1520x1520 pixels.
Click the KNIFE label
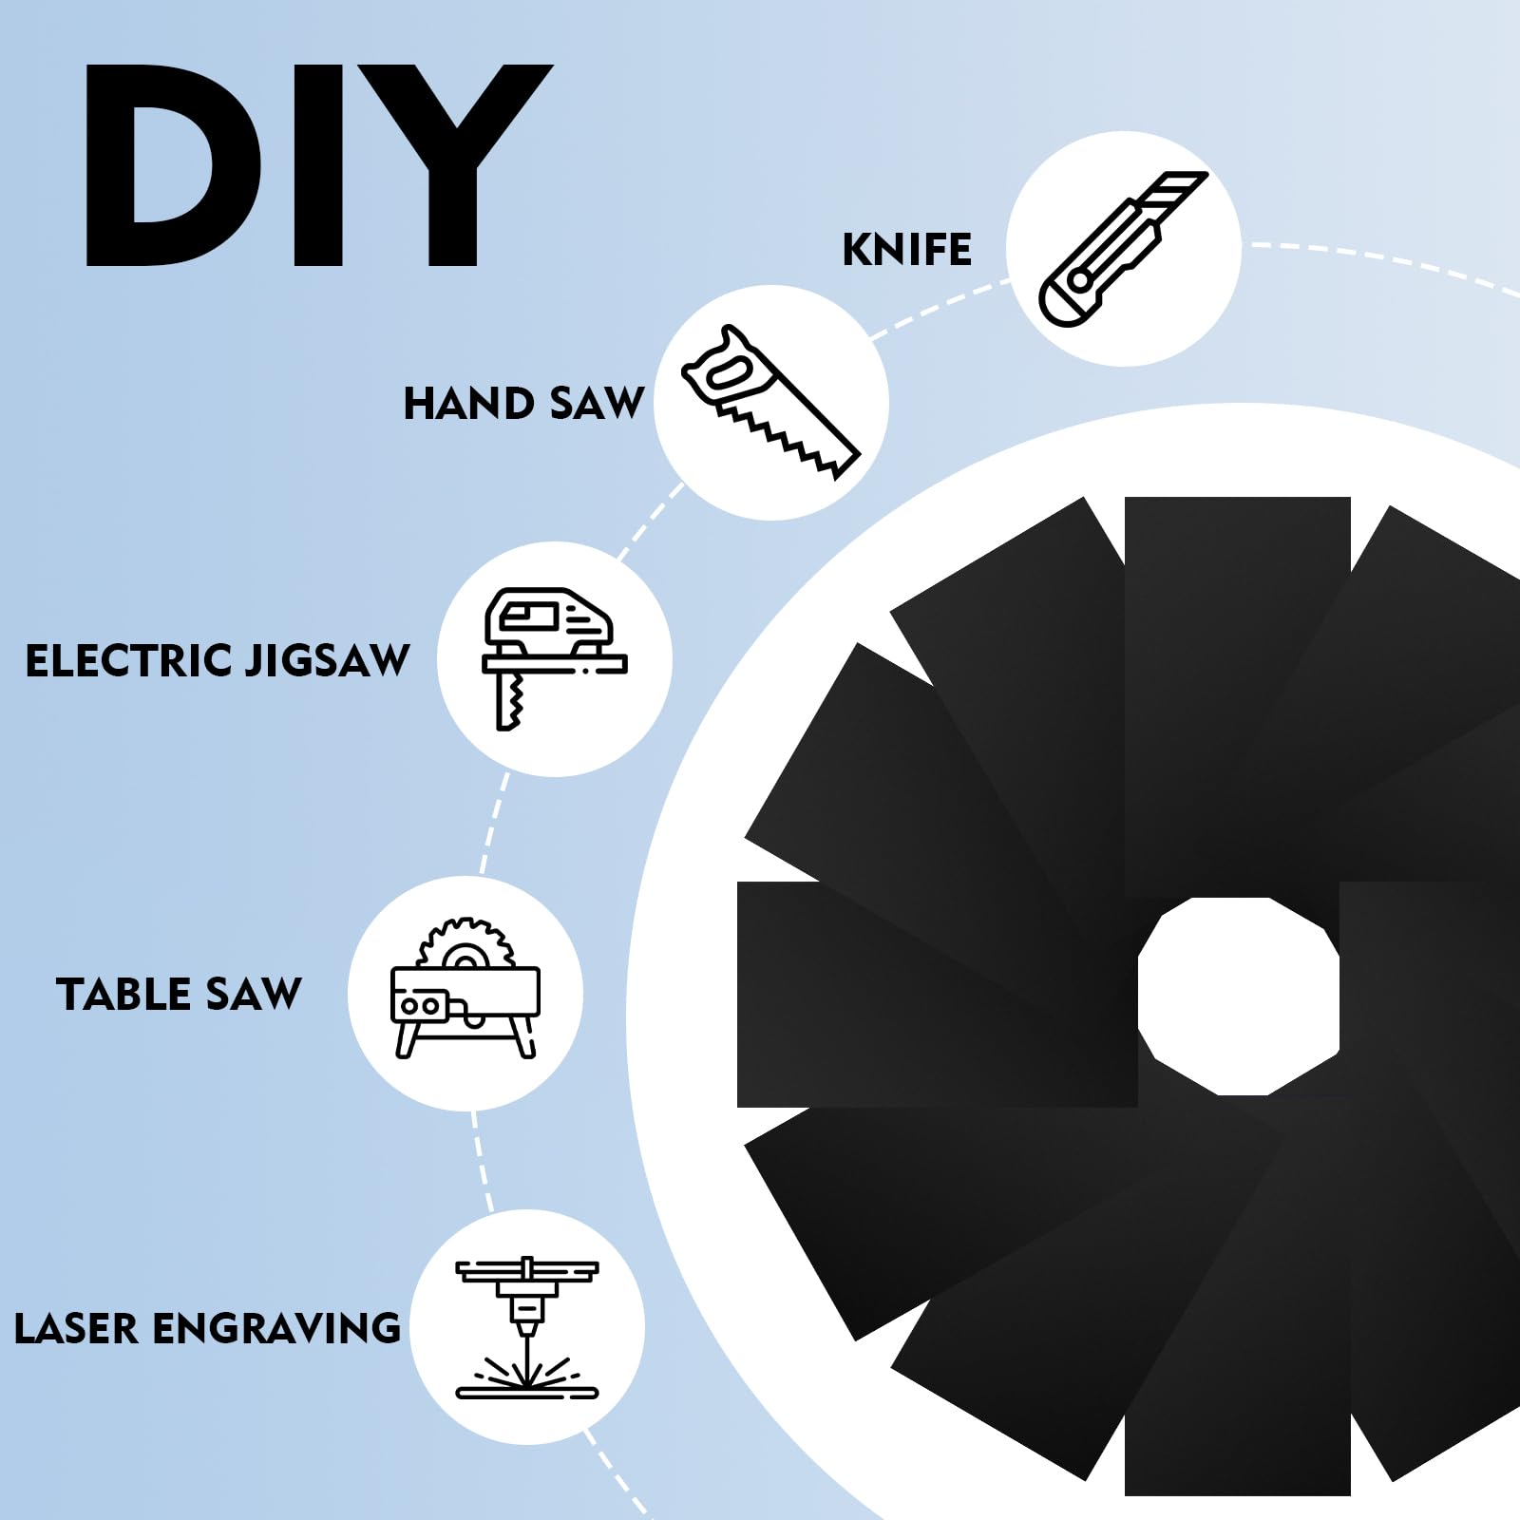click(x=907, y=250)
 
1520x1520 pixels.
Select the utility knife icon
click(x=1123, y=249)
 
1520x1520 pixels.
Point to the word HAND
click(x=468, y=404)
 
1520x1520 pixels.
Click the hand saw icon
click(x=770, y=401)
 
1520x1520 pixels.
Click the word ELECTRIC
click(x=128, y=661)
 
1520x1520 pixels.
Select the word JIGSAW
click(x=328, y=661)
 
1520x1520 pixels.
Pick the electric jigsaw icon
click(x=554, y=657)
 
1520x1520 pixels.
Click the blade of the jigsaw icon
click(x=510, y=701)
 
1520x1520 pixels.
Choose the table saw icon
click(x=465, y=988)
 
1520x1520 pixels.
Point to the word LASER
click(x=76, y=1329)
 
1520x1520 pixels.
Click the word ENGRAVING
click(x=276, y=1329)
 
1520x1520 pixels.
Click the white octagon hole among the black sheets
click(x=1239, y=996)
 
